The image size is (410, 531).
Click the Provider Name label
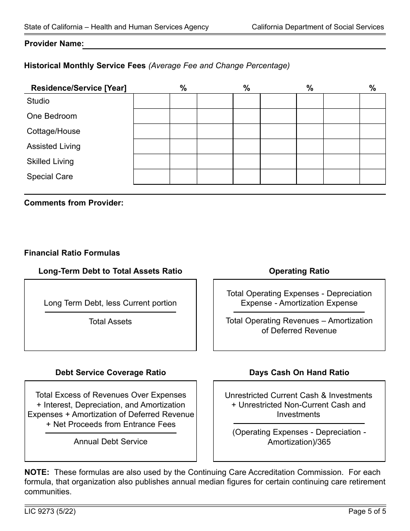pos(54,44)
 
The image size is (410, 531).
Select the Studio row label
pos(38,101)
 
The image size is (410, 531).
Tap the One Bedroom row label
pos(52,116)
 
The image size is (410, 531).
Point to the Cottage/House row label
pos(54,131)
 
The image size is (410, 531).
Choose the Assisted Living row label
pos(54,146)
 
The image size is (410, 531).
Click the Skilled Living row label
pos(50,161)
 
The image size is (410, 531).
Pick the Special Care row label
pos(50,177)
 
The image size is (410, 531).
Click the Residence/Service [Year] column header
pos(79,88)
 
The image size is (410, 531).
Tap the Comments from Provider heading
pos(74,203)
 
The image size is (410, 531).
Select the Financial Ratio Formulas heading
pos(72,253)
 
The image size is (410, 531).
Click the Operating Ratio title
pos(299,271)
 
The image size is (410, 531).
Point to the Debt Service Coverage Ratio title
pos(110,373)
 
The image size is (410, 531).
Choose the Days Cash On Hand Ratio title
pos(299,373)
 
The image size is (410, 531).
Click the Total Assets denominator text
pos(110,322)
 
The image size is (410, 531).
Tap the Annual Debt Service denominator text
pos(110,442)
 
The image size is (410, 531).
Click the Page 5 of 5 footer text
pos(367,512)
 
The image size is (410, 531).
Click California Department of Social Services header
pos(318,27)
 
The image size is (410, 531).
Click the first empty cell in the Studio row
pos(151,101)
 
